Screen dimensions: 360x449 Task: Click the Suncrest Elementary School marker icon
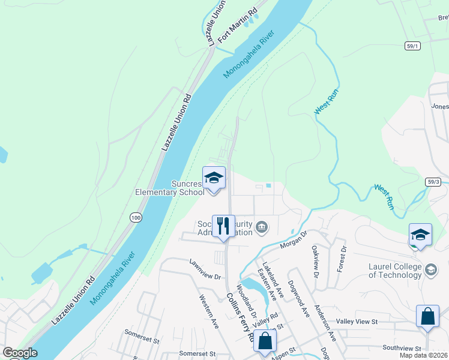tap(214, 179)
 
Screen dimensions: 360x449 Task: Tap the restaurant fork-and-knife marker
tap(223, 227)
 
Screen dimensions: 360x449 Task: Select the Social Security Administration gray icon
tap(262, 226)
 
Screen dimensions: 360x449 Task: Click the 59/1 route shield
tap(412, 46)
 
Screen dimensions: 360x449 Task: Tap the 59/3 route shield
tap(434, 181)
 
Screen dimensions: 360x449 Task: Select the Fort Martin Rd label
tap(238, 25)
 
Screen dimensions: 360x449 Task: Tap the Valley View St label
tap(357, 322)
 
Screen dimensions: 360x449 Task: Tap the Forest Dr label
tap(342, 259)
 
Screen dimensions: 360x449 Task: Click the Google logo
tap(20, 353)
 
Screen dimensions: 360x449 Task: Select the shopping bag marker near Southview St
tap(427, 317)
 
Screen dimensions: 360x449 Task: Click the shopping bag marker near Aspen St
tap(265, 341)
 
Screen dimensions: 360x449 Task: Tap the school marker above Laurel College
tap(420, 235)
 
